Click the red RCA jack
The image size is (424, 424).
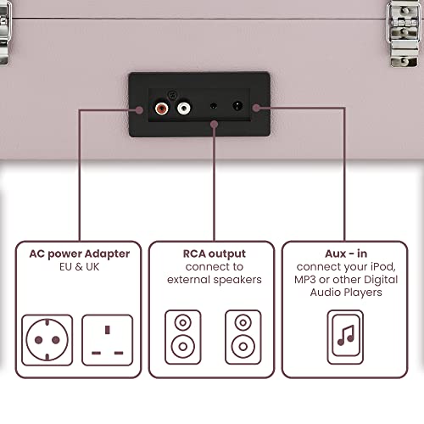pos(161,108)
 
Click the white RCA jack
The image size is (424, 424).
pos(183,108)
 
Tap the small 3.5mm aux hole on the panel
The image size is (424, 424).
pos(214,106)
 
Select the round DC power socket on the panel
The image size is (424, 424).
pos(237,106)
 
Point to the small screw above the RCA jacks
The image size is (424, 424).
pos(172,95)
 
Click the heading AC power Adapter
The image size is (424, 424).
pos(80,254)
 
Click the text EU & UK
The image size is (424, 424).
pos(80,267)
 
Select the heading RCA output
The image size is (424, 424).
pos(215,254)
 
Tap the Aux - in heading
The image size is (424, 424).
pos(346,254)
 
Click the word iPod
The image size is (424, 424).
pos(383,266)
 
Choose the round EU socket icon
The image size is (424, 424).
pos(47,340)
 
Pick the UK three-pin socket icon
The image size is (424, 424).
pos(107,340)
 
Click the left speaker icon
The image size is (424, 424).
pos(183,337)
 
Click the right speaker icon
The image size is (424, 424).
pos(243,337)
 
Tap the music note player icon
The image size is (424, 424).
pos(345,337)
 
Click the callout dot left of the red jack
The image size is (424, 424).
pos(139,110)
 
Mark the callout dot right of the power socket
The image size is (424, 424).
pos(256,108)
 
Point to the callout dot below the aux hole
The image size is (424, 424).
pos(215,124)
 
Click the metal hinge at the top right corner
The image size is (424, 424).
pos(403,33)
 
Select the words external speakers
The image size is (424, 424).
pos(215,280)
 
